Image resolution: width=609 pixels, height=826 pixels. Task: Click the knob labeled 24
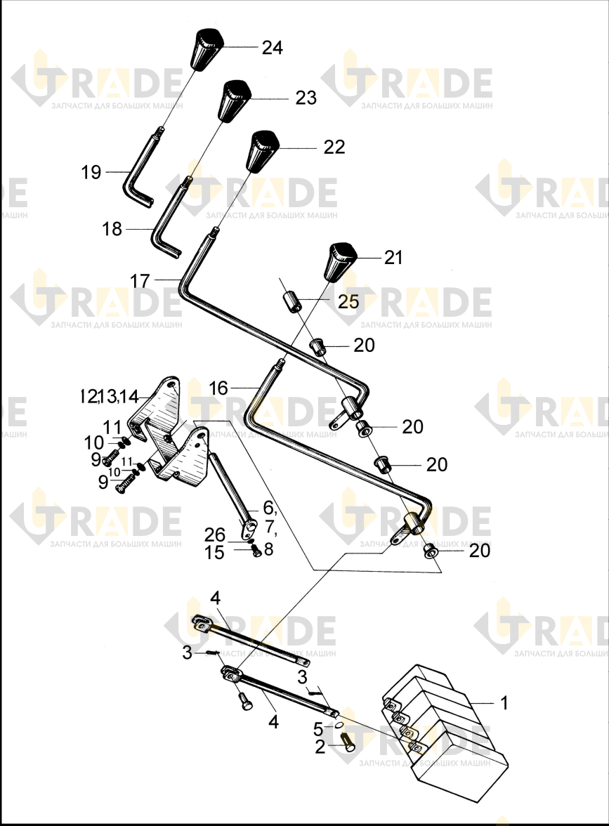tap(206, 49)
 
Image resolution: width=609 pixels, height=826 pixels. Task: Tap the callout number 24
tap(273, 48)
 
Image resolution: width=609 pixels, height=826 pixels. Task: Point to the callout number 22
tap(334, 147)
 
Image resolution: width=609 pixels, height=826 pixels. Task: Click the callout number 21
tap(393, 258)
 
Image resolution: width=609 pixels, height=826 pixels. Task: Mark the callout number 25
tap(348, 302)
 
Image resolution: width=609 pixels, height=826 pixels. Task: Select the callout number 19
tap(91, 172)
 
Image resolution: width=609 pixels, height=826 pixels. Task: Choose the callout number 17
tap(140, 281)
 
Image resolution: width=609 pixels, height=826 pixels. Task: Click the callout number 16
tap(218, 388)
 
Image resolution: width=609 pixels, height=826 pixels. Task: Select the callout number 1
tap(504, 702)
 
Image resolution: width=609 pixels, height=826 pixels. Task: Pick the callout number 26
tap(215, 535)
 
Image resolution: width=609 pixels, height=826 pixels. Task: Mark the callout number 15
tap(214, 553)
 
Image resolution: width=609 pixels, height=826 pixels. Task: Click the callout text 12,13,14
tap(109, 396)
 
